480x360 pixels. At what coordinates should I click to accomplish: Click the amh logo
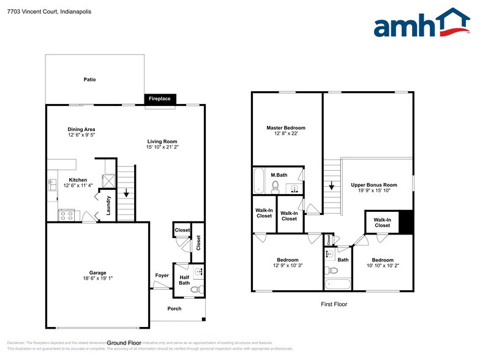[422, 24]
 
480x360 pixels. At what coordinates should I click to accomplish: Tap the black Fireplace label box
[161, 99]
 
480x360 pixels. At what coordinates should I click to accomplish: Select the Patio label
[89, 80]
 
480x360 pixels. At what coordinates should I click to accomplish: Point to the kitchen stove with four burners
[66, 215]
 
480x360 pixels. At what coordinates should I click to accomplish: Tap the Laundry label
[108, 205]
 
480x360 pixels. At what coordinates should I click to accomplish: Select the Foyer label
[162, 276]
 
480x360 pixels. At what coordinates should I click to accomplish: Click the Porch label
[174, 309]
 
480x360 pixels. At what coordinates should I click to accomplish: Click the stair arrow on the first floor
[331, 186]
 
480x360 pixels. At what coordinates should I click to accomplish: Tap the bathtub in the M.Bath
[259, 180]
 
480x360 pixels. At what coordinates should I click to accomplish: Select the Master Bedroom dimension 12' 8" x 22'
[285, 134]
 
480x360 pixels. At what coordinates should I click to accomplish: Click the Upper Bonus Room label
[374, 185]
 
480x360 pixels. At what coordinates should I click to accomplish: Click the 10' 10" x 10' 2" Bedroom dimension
[383, 266]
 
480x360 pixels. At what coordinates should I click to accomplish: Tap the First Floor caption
[334, 304]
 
